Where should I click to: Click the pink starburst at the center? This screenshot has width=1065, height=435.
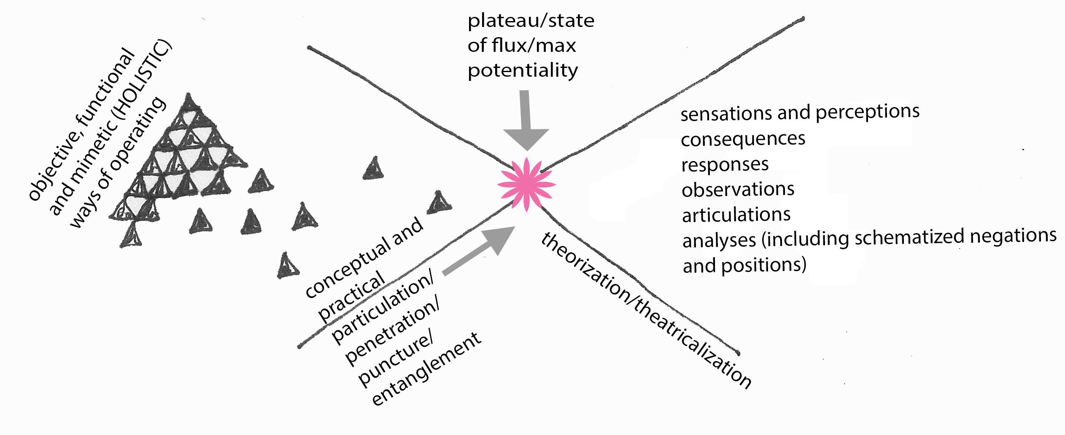click(526, 185)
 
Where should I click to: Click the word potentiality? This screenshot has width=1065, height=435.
click(523, 70)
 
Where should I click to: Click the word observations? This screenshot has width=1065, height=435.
click(738, 190)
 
